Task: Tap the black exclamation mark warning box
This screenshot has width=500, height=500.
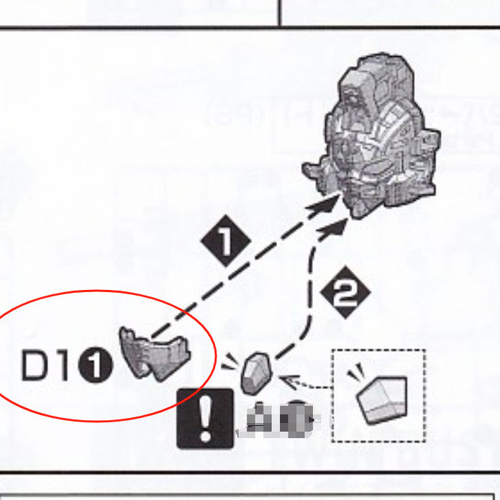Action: [x=204, y=418]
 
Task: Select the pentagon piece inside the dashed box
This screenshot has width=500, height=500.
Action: [x=381, y=398]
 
